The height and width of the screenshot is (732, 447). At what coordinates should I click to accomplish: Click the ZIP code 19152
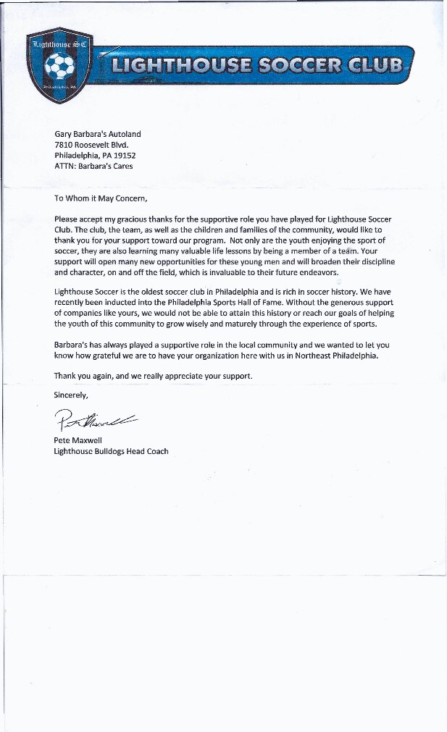coord(123,155)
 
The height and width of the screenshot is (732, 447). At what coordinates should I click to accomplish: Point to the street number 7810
coord(65,144)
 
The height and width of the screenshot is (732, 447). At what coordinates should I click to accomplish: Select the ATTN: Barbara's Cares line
coord(93,166)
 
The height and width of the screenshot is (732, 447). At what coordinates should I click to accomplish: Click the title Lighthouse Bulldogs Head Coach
coord(111,451)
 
